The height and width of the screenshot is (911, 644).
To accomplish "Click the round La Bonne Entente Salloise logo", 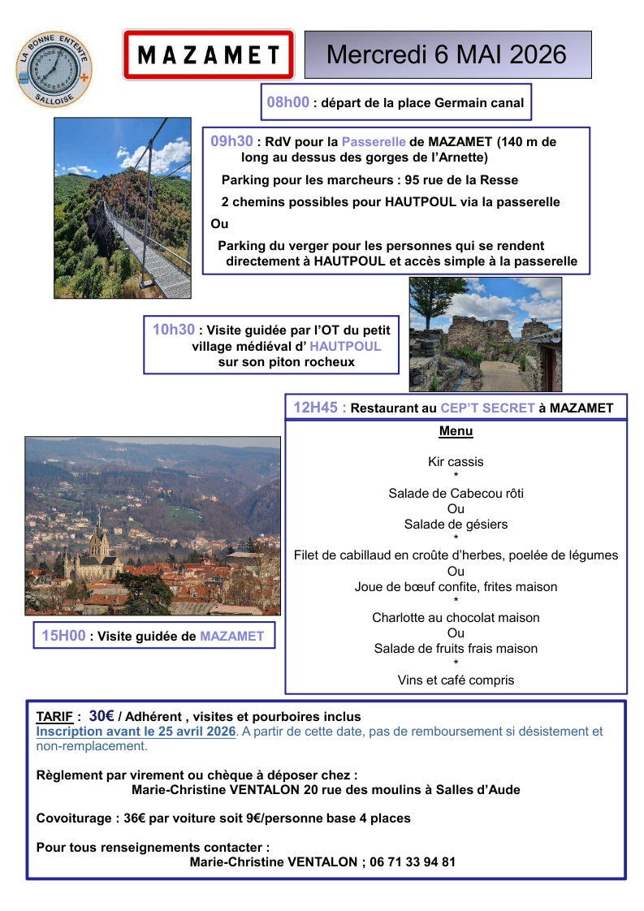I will tap(54, 67).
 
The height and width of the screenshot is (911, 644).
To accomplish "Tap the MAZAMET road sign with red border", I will tap(208, 55).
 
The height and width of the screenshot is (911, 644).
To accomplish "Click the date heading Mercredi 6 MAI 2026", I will tap(447, 54).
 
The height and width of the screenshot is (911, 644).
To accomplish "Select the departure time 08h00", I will tap(288, 102).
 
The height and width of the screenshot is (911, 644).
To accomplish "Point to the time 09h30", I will tap(231, 141).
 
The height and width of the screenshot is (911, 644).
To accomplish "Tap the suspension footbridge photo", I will tap(123, 208).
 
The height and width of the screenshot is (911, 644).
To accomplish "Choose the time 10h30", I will tap(174, 329).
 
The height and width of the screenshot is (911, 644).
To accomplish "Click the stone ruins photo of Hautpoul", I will tap(485, 335).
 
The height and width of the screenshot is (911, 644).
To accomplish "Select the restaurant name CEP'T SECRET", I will tap(487, 408).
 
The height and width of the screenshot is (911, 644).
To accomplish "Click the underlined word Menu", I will tap(456, 431).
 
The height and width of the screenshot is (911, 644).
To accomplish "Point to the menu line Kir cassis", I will tap(456, 462).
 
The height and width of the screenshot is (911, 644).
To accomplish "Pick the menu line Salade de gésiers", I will tap(456, 525).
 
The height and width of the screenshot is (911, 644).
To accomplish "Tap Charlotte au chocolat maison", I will tap(456, 618).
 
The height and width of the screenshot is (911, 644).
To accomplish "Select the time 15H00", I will tap(63, 636).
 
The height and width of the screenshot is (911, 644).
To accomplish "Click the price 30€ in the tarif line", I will tap(102, 716).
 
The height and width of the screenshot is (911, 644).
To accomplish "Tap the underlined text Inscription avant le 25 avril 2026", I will tap(136, 732).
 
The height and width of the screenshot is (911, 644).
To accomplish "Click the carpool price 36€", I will tap(138, 818).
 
